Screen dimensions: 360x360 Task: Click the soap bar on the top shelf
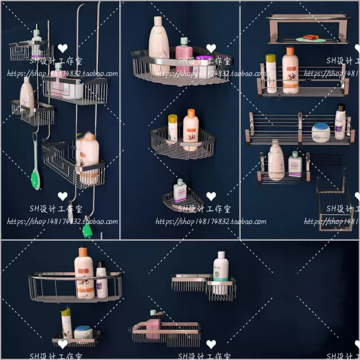pyautogui.click(x=311, y=38)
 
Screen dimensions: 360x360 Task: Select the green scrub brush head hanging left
pyautogui.click(x=35, y=179)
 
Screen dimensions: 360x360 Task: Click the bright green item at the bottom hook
pyautogui.click(x=87, y=230)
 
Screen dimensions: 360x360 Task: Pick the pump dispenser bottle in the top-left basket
pyautogui.click(x=37, y=43)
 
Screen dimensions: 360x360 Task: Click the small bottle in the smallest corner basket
pyautogui.click(x=179, y=191)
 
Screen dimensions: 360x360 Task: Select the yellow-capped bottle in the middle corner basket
pyautogui.click(x=173, y=128)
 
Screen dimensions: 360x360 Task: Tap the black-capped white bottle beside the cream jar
pyautogui.click(x=340, y=121)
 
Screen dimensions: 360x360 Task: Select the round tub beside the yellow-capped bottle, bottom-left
pyautogui.click(x=83, y=332)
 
